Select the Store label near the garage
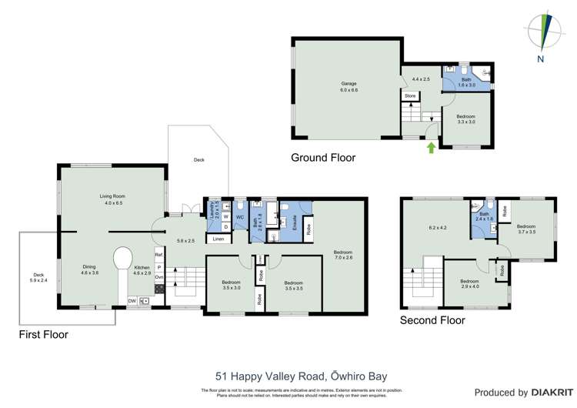[x=410, y=96]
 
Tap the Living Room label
[x=112, y=199]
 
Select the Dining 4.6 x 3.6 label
[x=89, y=269]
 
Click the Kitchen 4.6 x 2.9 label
[x=142, y=269]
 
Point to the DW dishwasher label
[x=132, y=301]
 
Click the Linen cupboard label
[x=218, y=239]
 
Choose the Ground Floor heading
[x=322, y=158]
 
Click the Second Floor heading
[x=432, y=319]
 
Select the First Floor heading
[x=43, y=335]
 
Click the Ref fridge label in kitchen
[x=158, y=254]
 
